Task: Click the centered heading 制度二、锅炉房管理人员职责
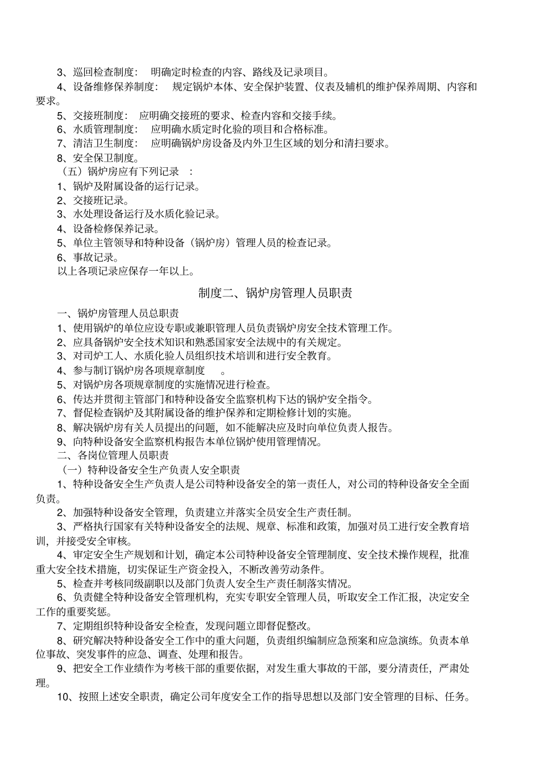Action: pos(275,293)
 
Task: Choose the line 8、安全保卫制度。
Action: pos(97,158)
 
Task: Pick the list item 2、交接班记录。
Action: pos(93,200)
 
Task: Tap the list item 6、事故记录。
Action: pos(88,257)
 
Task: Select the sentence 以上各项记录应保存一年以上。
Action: pos(126,271)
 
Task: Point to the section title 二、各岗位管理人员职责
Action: pos(113,456)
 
